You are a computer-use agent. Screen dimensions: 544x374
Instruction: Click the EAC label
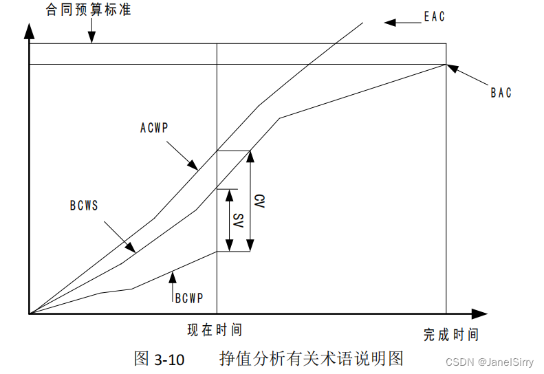tap(434, 16)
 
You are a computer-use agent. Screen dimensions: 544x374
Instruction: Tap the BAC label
tap(501, 93)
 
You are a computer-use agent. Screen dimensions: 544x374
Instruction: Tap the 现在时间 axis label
tap(215, 331)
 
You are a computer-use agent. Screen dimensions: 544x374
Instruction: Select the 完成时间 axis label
tap(450, 335)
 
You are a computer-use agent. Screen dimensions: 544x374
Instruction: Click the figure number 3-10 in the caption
tap(169, 359)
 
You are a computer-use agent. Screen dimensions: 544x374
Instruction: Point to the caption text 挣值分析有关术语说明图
tap(310, 358)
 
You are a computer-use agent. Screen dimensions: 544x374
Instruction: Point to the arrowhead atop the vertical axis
tap(29, 30)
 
